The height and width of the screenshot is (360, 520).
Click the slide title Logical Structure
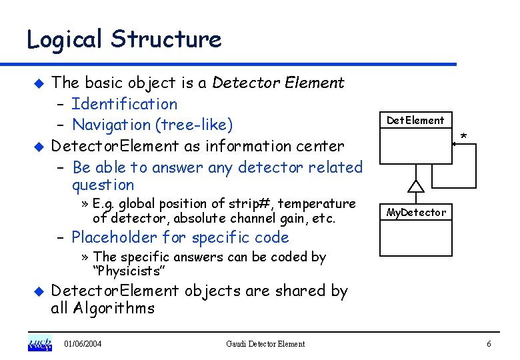(x=123, y=39)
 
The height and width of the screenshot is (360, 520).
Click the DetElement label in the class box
(x=415, y=121)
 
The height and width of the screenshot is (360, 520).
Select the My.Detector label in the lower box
(x=416, y=213)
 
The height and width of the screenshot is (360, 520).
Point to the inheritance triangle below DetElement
(x=416, y=186)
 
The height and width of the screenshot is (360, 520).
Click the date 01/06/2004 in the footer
(x=83, y=344)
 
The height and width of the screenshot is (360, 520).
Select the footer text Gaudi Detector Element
(x=265, y=344)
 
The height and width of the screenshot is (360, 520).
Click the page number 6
(x=489, y=344)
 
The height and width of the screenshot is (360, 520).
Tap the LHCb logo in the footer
(x=39, y=344)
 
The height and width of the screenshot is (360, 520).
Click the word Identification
(x=124, y=104)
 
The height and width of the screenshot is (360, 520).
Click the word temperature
(x=319, y=204)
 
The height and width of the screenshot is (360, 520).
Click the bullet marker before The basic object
(x=38, y=83)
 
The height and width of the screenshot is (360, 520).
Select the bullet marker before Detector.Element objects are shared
(x=38, y=291)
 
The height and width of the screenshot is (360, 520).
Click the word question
(x=103, y=185)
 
